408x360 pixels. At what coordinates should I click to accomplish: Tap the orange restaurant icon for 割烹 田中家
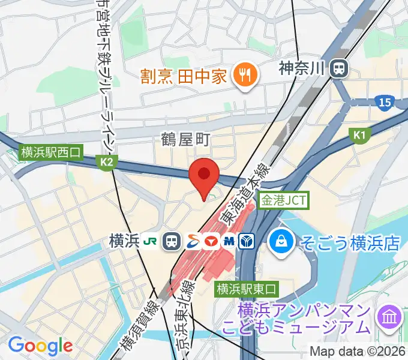(x=244, y=76)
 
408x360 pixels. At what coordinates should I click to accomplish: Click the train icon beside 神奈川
(x=340, y=68)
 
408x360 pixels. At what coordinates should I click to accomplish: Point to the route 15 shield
(x=385, y=103)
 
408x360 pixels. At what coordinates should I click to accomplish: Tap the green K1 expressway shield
(x=359, y=136)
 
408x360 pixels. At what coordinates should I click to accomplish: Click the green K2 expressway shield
(x=107, y=161)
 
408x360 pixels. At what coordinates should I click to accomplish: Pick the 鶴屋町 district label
(x=185, y=140)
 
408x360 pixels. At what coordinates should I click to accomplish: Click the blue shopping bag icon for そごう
(x=280, y=242)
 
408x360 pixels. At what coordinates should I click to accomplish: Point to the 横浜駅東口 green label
(x=247, y=288)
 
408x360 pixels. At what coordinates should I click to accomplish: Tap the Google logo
(x=40, y=346)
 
